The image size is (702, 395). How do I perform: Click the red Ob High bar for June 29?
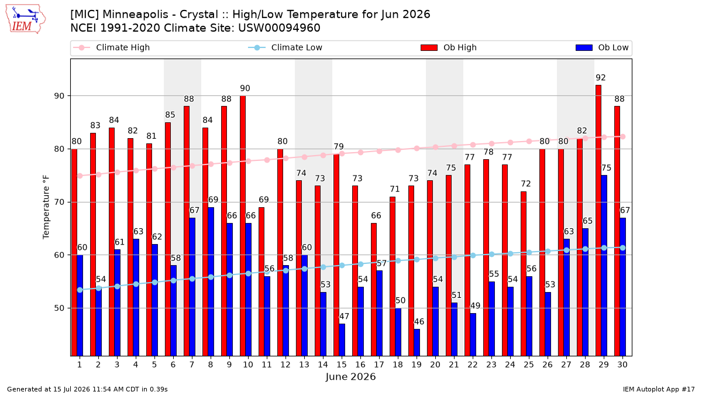[x=598, y=221]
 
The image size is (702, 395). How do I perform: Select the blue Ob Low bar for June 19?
[x=417, y=342]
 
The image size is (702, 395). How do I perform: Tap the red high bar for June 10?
[x=243, y=226]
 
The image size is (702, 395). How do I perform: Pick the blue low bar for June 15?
[x=342, y=340]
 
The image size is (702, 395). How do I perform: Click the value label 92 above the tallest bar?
[x=601, y=77]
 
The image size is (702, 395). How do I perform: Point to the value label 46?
[x=419, y=322]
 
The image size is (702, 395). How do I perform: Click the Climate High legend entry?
[x=111, y=47]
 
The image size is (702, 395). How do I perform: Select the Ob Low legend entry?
[x=602, y=47]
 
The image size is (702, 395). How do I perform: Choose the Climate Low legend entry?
[x=285, y=47]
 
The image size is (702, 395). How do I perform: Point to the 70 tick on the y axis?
[x=59, y=202]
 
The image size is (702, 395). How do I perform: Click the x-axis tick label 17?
[x=379, y=365]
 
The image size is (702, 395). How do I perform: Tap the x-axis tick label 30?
[x=622, y=365]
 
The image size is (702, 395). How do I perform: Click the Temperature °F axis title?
[x=46, y=207]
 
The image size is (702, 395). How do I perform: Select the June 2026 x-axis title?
[x=350, y=376]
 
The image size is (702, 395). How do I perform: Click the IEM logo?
[x=25, y=19]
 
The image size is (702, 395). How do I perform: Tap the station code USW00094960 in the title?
[x=279, y=28]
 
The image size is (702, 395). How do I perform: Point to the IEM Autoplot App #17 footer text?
[x=659, y=389]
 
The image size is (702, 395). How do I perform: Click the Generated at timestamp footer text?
[x=87, y=389]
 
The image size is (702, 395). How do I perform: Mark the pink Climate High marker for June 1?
[x=80, y=176]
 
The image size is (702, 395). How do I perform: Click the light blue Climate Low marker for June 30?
[x=622, y=248]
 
